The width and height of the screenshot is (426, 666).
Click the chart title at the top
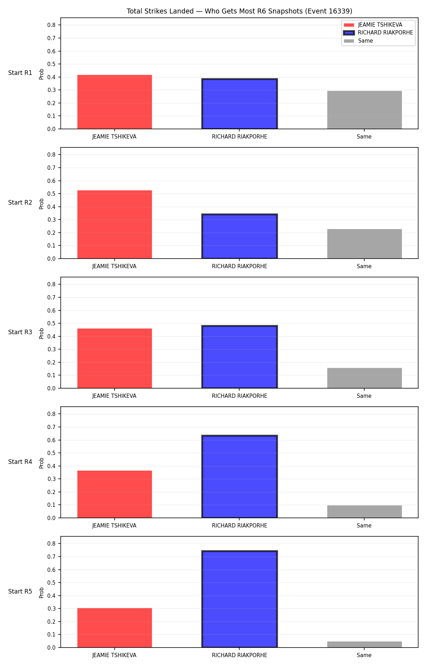[x=239, y=11]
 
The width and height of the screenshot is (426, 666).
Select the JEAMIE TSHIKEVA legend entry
[x=373, y=25]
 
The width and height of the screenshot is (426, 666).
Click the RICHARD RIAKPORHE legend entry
[x=378, y=33]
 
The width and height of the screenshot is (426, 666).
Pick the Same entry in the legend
[x=359, y=41]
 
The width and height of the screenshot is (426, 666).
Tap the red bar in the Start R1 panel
[x=115, y=102]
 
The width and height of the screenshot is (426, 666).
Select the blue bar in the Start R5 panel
[x=240, y=599]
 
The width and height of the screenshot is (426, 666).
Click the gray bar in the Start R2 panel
[x=365, y=244]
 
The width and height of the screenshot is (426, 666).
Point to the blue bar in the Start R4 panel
[x=240, y=477]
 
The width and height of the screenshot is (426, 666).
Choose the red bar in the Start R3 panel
[x=115, y=358]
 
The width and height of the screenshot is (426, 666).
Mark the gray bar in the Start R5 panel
[x=365, y=644]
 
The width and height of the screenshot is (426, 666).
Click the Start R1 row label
[x=20, y=73]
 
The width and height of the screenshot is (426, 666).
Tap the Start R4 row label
[x=20, y=462]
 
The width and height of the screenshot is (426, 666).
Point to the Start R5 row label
[x=20, y=591]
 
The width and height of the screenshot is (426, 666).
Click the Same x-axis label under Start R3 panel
[x=364, y=396]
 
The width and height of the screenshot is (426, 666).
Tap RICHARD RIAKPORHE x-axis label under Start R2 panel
[x=240, y=266]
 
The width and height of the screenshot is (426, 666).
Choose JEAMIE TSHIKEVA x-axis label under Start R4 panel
[x=114, y=525]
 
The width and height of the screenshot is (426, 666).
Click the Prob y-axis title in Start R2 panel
[x=42, y=204]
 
